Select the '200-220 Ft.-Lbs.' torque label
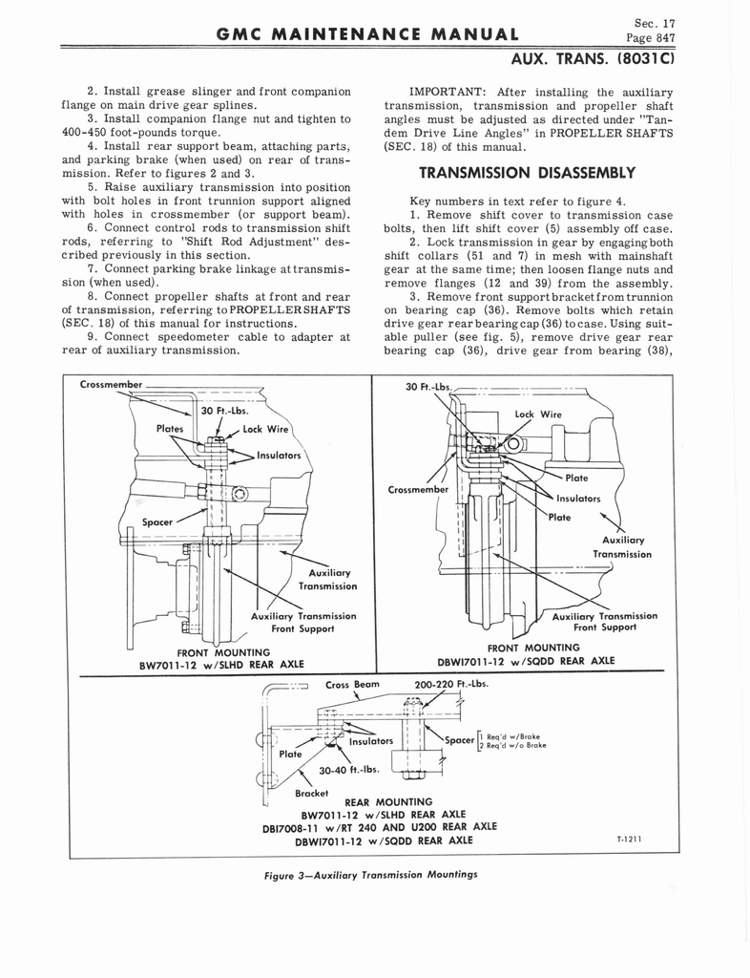tap(452, 684)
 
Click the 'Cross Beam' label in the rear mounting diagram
tap(353, 684)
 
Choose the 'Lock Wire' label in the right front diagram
tap(538, 415)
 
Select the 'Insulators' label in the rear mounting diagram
tap(372, 740)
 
